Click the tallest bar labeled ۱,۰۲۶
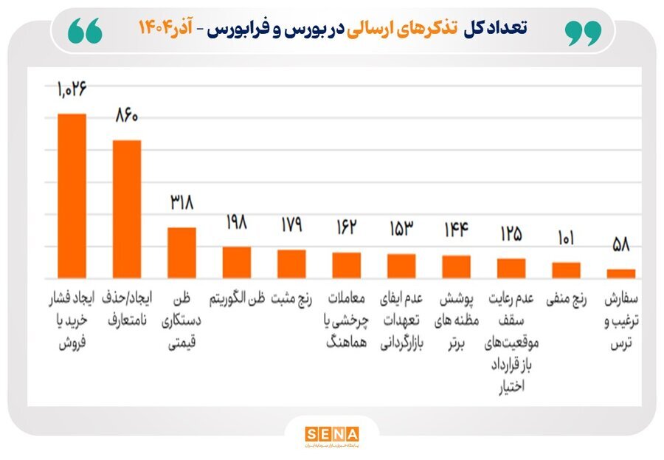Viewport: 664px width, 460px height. tap(72, 196)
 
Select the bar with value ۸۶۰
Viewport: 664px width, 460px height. tap(127, 209)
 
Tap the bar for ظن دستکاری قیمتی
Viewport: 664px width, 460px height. tap(181, 253)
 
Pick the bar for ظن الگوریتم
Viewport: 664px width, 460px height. tap(237, 262)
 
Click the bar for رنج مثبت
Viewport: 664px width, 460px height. tap(291, 264)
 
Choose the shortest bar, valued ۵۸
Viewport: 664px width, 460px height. tap(621, 273)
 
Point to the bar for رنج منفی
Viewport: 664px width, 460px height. tap(567, 270)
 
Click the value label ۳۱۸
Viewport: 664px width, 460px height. tap(181, 202)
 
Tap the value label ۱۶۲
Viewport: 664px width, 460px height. tap(346, 227)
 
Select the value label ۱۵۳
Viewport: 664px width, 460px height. tap(401, 229)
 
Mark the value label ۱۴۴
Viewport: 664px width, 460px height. tap(456, 230)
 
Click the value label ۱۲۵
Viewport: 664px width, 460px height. tap(511, 234)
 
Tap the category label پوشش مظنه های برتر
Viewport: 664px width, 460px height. tap(456, 322)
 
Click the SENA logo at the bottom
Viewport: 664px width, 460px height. tap(331, 433)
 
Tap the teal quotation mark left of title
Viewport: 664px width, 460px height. tap(85, 31)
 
